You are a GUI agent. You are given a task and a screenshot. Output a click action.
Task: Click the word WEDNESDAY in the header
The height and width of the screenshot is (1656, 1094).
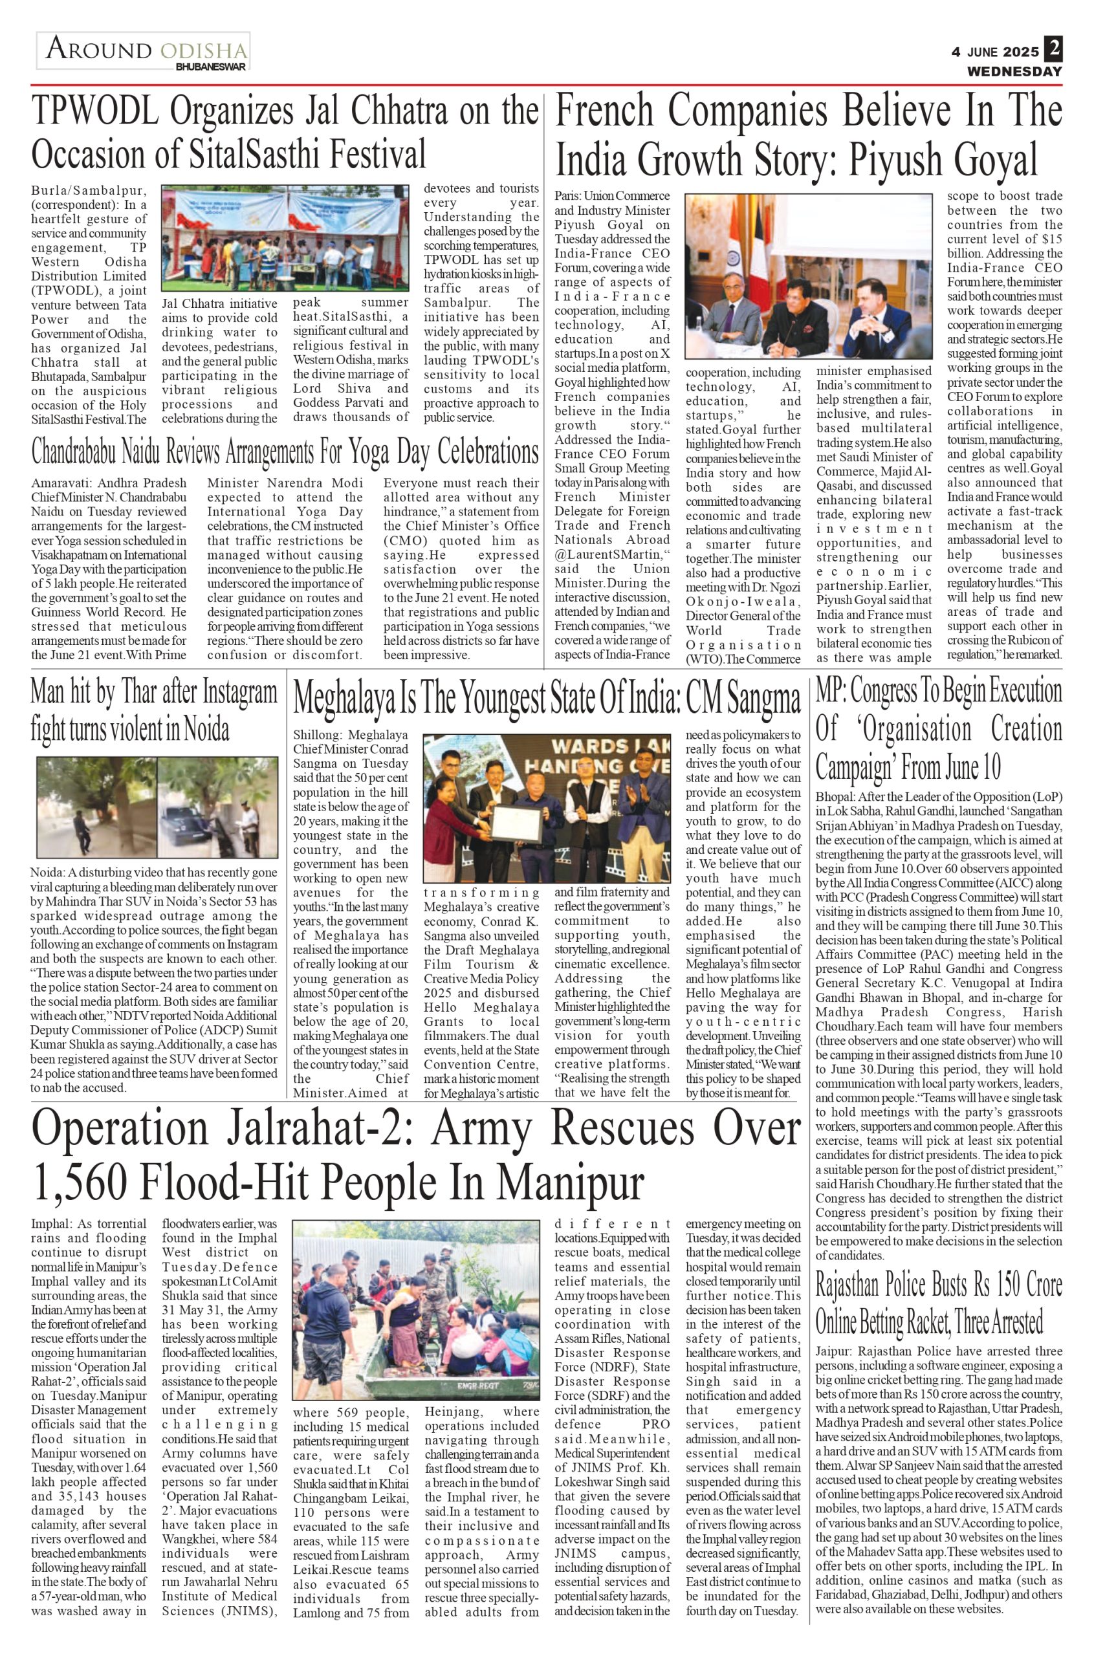1014,71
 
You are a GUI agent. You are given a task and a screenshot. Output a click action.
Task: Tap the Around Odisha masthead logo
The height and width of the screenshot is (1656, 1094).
143,51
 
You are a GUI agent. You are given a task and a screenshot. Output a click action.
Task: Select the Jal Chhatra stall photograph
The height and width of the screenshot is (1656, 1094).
285,238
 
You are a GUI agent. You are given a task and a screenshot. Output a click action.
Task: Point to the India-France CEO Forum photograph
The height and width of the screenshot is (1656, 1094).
809,277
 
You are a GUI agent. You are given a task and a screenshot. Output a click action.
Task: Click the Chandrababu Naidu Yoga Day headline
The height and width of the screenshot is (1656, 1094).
285,452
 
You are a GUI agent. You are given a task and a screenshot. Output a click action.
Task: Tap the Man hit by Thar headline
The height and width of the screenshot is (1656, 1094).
154,710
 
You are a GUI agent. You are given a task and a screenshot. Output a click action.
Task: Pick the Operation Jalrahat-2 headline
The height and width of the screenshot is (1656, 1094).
415,1155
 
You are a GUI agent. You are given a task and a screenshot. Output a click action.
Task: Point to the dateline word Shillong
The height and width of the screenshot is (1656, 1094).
317,735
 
